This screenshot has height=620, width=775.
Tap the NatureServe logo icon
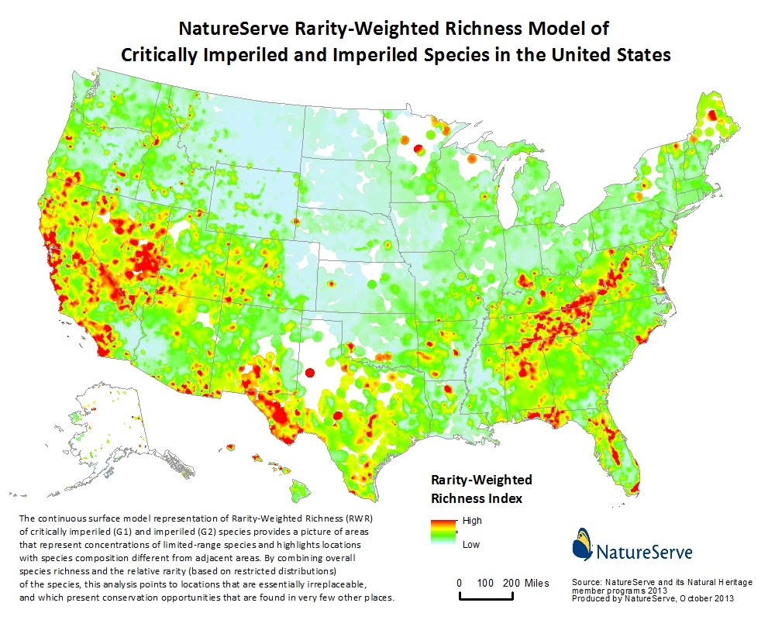point(582,544)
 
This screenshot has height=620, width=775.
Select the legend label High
point(472,521)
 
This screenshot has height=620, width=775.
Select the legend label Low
point(470,544)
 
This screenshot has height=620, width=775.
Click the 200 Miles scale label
point(524,583)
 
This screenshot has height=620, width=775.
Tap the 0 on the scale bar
point(460,583)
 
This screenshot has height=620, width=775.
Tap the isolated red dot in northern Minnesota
point(418,148)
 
